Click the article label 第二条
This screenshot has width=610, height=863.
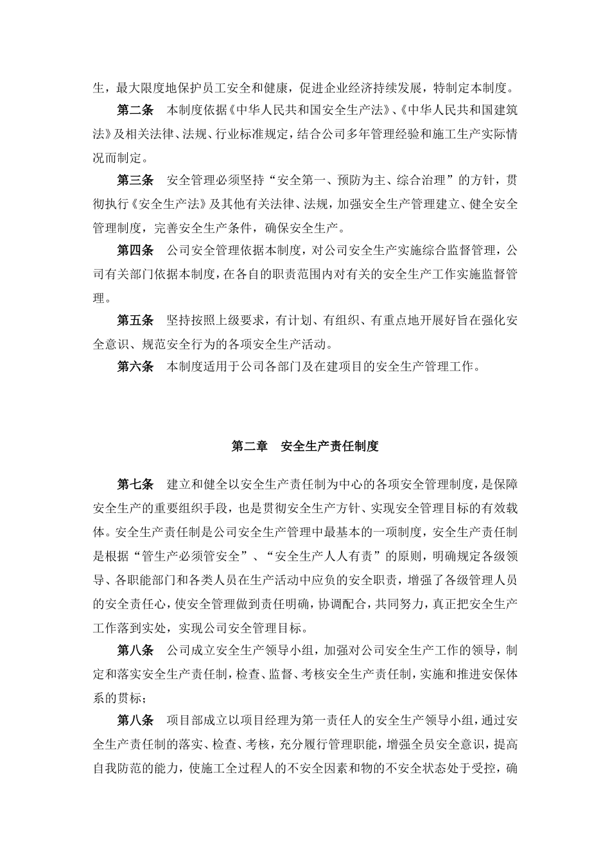[x=135, y=110]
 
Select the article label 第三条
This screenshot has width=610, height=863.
[x=135, y=180]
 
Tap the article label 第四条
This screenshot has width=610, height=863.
[x=135, y=250]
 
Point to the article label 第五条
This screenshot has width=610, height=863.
[x=135, y=320]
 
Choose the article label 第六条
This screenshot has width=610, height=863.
[x=135, y=367]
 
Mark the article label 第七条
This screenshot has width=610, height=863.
[x=135, y=484]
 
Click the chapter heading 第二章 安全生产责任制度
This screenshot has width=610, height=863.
[x=305, y=446]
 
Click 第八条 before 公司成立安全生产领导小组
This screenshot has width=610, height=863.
[x=135, y=650]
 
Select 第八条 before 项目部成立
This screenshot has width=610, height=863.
[x=135, y=720]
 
